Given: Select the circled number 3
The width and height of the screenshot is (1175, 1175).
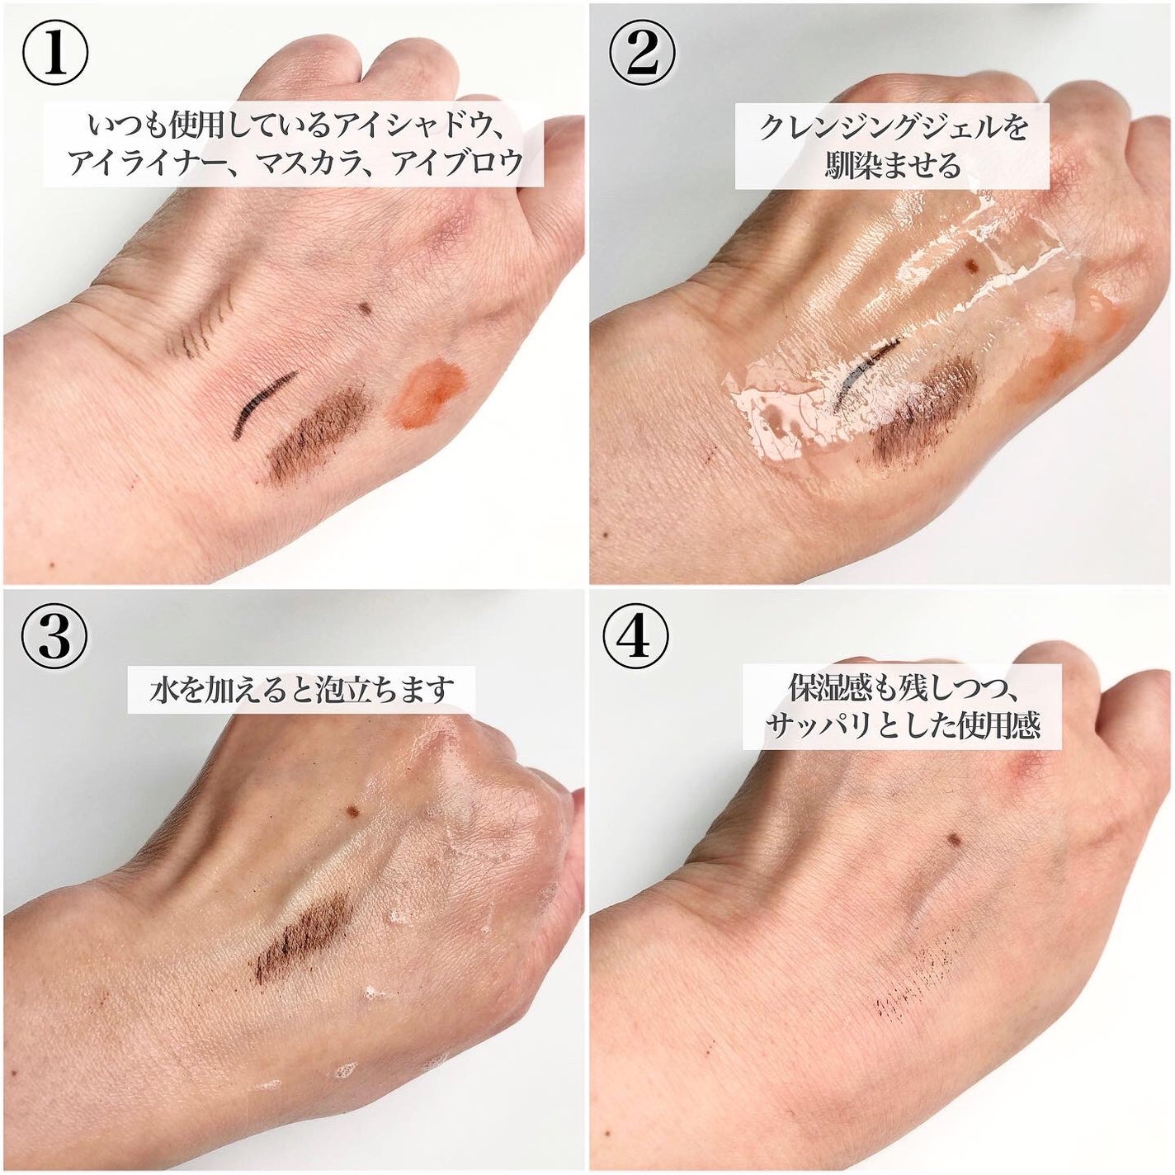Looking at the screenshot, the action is tap(55, 641).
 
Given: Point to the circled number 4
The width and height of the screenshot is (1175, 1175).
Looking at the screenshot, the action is tap(635, 641).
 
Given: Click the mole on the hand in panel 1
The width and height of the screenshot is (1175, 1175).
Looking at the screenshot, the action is tap(365, 309).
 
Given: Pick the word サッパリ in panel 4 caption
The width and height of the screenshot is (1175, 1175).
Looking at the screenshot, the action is tap(818, 727).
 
